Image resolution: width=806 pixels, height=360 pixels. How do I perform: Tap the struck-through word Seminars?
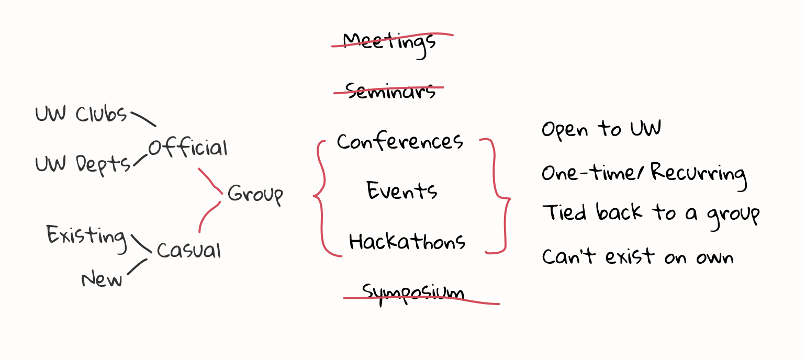390,91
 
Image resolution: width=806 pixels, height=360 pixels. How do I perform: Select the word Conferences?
400,141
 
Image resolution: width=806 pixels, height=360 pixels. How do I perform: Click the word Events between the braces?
401,191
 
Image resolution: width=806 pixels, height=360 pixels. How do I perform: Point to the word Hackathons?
407,242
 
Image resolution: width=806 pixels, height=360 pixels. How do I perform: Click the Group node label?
255,195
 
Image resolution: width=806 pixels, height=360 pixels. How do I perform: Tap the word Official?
187,148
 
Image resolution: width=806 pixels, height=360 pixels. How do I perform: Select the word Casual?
188,250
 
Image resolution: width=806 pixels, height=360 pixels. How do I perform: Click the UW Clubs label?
81,114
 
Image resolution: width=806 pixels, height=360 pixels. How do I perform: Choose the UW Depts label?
83,164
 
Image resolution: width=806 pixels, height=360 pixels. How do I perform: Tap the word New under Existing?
102,279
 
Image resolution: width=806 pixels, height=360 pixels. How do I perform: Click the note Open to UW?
601,129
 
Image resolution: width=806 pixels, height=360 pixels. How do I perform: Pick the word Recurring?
698,174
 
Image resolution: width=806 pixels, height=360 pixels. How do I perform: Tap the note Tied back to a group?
650,213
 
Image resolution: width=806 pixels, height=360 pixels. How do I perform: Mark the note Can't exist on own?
637,257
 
